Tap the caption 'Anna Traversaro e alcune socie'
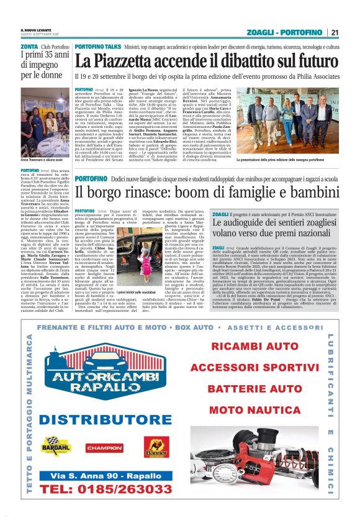[x=43, y=161]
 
